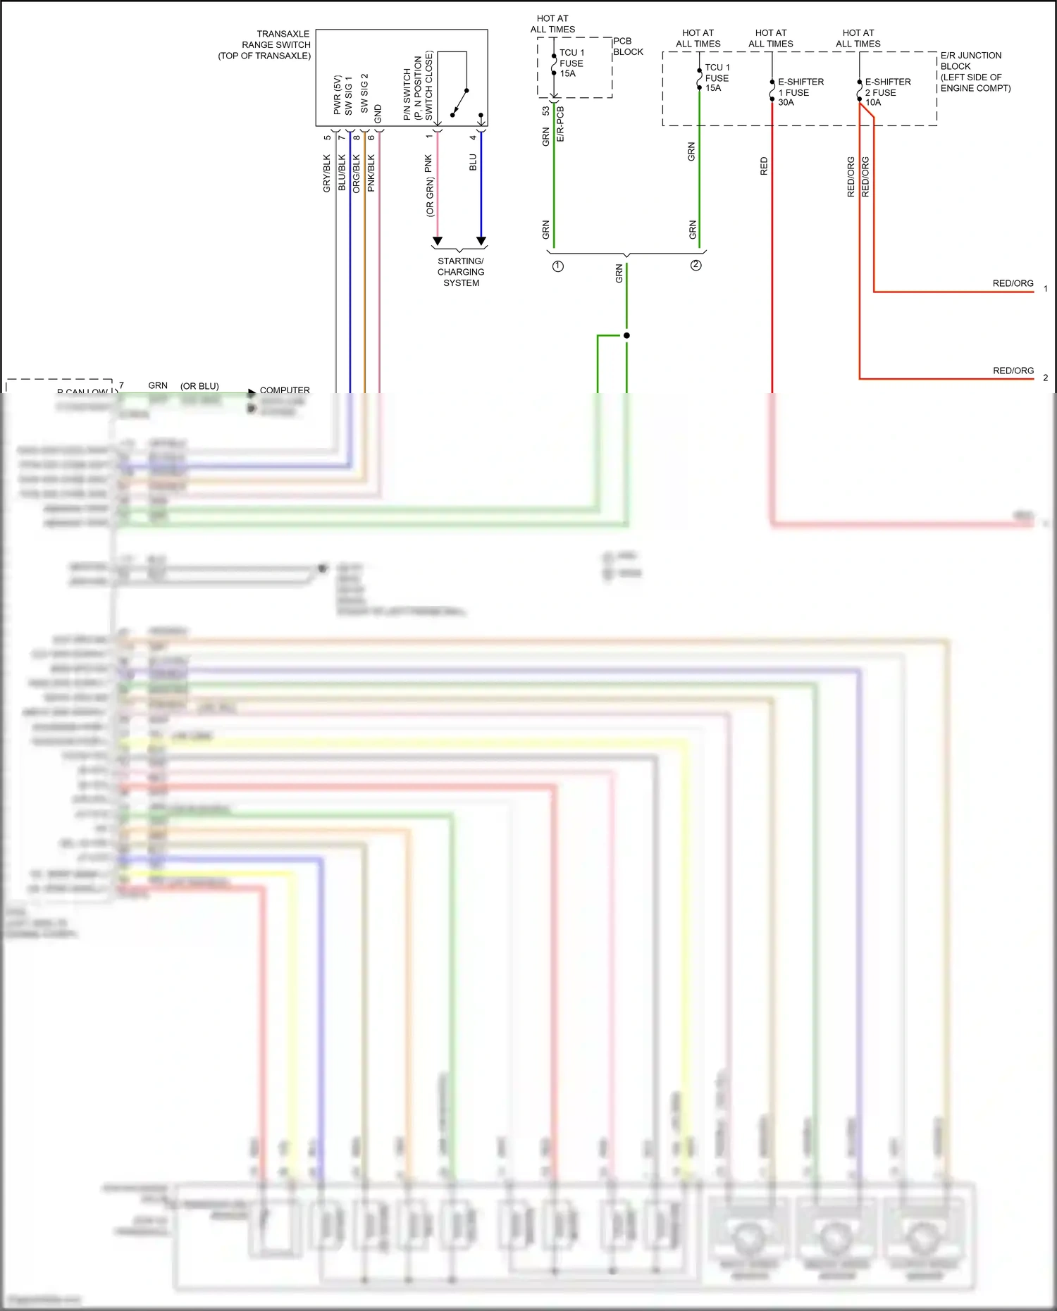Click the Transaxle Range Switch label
265,44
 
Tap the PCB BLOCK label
628,46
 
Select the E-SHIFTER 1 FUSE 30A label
800,92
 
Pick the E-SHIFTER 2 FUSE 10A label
887,92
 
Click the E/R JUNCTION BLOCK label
975,71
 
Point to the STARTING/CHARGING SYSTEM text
461,272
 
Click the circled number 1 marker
558,266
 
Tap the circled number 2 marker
696,266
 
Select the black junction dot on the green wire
626,335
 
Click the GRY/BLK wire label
326,173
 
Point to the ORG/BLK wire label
356,173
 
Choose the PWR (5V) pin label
337,95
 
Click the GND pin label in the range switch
378,113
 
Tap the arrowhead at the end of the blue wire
481,242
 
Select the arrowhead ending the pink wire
438,242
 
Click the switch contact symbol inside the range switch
459,101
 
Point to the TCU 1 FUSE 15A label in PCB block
571,63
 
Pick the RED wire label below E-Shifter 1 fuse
764,166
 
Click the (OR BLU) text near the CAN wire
199,386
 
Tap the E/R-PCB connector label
560,124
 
